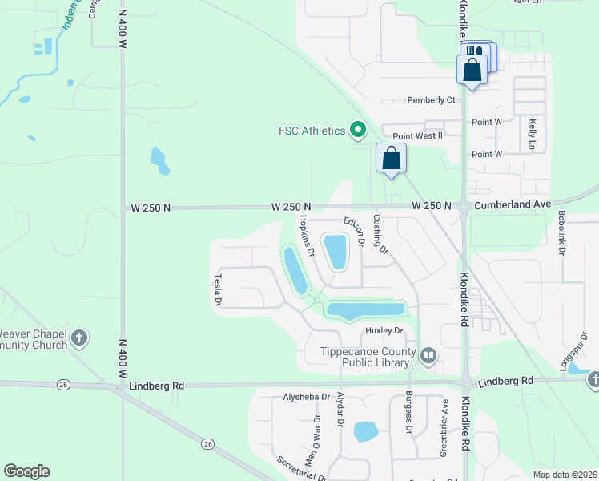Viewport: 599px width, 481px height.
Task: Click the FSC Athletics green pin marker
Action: (x=358, y=130)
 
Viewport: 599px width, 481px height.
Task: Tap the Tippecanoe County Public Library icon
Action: (x=428, y=355)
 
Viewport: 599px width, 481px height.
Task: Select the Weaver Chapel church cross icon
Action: (x=78, y=338)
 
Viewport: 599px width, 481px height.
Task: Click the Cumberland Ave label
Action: (x=513, y=205)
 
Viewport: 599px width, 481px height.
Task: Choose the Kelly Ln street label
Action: (x=532, y=134)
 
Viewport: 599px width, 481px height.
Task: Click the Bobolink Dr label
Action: (x=562, y=233)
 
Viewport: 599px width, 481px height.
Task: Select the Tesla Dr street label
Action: (x=217, y=289)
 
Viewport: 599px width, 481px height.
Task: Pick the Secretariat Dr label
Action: (x=301, y=470)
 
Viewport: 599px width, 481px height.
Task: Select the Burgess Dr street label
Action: (x=408, y=412)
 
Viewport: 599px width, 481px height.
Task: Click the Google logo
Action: (x=26, y=471)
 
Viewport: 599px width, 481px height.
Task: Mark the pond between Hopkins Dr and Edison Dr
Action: (x=336, y=251)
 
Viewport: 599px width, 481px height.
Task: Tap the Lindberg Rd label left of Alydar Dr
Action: (x=156, y=386)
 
